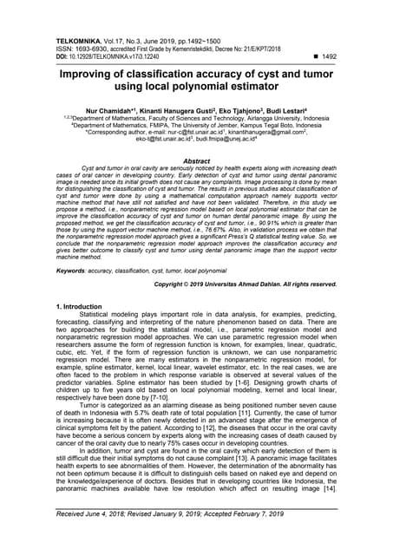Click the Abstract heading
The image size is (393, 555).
tap(196, 160)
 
